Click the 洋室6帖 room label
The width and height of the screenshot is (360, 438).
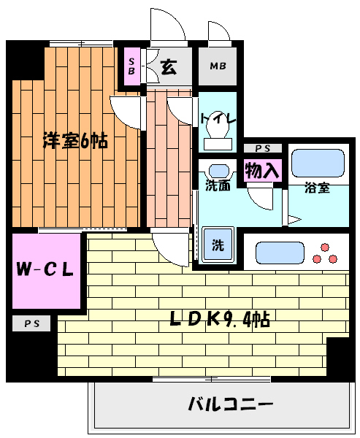(74, 141)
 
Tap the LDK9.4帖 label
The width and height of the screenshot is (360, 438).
(220, 318)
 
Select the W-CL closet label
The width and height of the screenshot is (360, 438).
(45, 269)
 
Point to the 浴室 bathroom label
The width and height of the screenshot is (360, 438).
(317, 188)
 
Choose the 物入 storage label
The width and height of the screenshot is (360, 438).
(261, 171)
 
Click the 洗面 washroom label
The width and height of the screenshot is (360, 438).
(218, 185)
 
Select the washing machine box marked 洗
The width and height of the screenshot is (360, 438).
(218, 245)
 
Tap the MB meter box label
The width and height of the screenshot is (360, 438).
(218, 66)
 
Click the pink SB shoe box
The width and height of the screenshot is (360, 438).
(131, 66)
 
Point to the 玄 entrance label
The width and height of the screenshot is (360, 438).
(168, 67)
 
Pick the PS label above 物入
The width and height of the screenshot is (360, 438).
(261, 148)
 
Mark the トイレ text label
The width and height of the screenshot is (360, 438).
(217, 115)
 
